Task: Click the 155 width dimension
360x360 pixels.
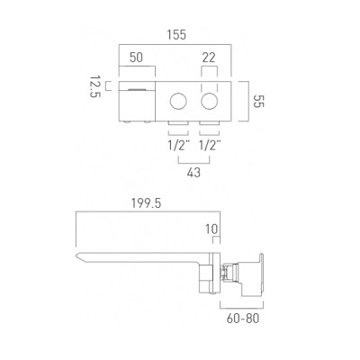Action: (x=176, y=35)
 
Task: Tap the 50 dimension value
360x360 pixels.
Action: (x=136, y=58)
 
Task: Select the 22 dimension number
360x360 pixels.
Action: (x=209, y=58)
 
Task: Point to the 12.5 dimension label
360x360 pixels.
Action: (x=95, y=86)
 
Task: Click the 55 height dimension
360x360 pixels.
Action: (x=258, y=101)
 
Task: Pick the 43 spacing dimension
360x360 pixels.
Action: (x=193, y=173)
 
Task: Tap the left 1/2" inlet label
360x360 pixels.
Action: (x=179, y=146)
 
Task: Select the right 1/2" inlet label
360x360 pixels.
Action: (x=210, y=146)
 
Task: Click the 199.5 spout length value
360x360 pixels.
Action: (x=146, y=203)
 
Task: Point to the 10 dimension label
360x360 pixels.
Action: (x=211, y=229)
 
